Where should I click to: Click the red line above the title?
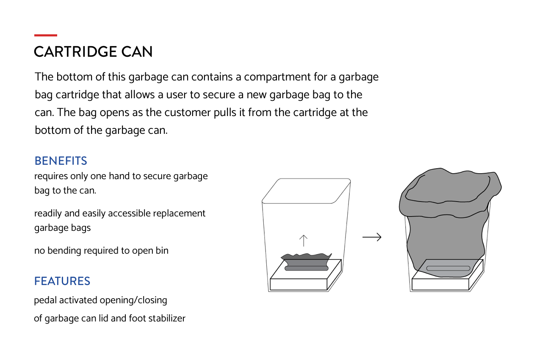click(x=45, y=35)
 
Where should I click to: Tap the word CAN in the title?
click(x=137, y=52)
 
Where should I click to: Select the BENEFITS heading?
click(x=61, y=161)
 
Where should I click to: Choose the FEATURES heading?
click(x=62, y=281)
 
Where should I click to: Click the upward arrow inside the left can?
click(x=303, y=241)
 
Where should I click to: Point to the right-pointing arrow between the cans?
click(x=372, y=237)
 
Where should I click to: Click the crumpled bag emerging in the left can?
click(x=306, y=259)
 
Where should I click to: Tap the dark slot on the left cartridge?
click(x=307, y=268)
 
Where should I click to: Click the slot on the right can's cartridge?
click(x=448, y=268)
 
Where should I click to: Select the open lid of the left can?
click(x=306, y=191)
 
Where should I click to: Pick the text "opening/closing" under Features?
click(x=133, y=300)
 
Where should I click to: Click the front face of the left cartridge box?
click(x=299, y=285)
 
